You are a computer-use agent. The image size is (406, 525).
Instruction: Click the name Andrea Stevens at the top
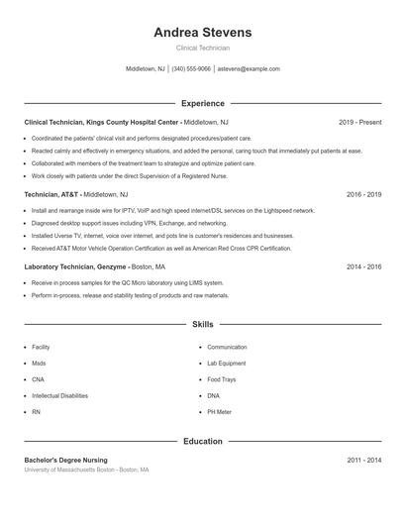pyautogui.click(x=202, y=33)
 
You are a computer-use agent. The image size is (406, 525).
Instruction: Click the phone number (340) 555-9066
pyautogui.click(x=191, y=69)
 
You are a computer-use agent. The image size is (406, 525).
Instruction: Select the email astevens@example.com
pyautogui.click(x=249, y=69)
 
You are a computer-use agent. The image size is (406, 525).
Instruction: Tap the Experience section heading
pyautogui.click(x=202, y=103)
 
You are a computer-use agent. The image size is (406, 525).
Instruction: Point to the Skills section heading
pyautogui.click(x=202, y=324)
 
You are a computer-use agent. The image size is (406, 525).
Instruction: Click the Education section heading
pyautogui.click(x=202, y=441)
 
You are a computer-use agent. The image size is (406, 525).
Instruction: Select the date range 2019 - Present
pyautogui.click(x=359, y=122)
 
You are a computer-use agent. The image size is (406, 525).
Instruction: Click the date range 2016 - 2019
pyautogui.click(x=363, y=195)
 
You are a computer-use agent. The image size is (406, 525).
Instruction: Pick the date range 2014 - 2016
pyautogui.click(x=363, y=266)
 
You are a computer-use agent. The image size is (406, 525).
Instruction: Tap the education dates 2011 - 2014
pyautogui.click(x=363, y=461)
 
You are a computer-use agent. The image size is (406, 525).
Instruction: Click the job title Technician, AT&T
pyautogui.click(x=52, y=195)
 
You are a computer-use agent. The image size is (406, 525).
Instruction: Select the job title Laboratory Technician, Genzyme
pyautogui.click(x=75, y=266)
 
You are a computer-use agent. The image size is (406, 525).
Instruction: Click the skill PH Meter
pyautogui.click(x=219, y=411)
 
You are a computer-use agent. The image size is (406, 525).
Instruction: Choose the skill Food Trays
pyautogui.click(x=221, y=379)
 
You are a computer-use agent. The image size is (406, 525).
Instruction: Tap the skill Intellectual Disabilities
pyautogui.click(x=59, y=395)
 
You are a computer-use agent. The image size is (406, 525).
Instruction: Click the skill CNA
pyautogui.click(x=38, y=379)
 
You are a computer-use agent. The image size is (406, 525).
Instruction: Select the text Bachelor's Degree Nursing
pyautogui.click(x=65, y=461)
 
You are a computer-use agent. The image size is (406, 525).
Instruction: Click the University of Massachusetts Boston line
pyautogui.click(x=86, y=470)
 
